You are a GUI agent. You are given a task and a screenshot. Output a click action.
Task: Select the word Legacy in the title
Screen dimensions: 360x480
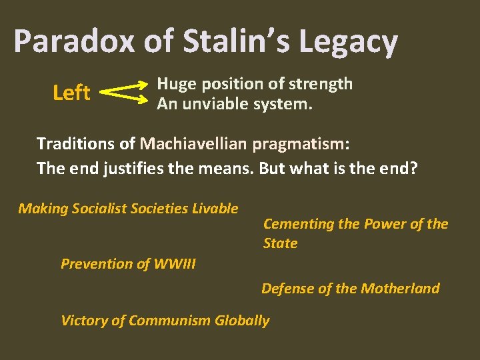(348, 43)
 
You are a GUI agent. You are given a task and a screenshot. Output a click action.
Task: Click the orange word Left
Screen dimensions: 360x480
(71, 93)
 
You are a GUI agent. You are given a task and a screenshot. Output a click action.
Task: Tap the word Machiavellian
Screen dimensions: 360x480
(194, 143)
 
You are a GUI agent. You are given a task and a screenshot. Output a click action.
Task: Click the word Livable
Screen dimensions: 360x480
(215, 209)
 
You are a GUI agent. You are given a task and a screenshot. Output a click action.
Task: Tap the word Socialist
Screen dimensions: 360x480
(102, 209)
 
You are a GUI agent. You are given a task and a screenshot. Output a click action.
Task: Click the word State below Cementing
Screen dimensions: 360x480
(280, 243)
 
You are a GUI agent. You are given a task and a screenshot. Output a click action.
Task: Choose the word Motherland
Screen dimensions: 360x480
(400, 288)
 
